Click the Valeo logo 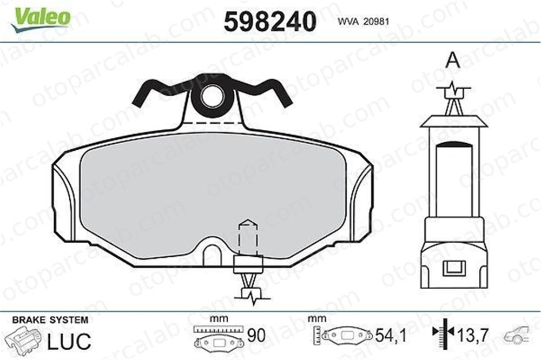click(41, 18)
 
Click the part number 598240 click(270, 22)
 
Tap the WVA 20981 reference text click(364, 22)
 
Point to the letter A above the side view click(453, 61)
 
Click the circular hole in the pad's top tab click(213, 96)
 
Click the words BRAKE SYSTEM click(50, 319)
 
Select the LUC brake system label click(69, 341)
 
